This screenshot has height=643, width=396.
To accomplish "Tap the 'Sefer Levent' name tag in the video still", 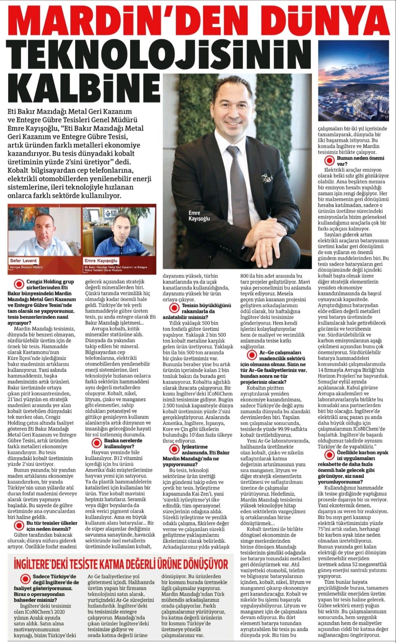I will (23, 260).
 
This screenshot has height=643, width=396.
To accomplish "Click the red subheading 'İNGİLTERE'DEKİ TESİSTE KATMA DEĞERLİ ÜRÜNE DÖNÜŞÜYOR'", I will (121, 564).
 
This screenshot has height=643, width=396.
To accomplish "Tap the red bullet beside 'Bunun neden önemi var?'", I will (329, 160).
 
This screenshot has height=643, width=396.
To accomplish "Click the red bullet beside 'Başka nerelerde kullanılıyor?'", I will (96, 443).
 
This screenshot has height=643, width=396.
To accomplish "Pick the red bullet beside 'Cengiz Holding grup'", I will (18, 284).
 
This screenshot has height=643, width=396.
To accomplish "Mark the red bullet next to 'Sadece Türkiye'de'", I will (25, 579).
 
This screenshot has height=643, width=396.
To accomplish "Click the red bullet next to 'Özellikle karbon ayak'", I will (329, 455).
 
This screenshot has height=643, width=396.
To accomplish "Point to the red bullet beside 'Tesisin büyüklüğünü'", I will (174, 308).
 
